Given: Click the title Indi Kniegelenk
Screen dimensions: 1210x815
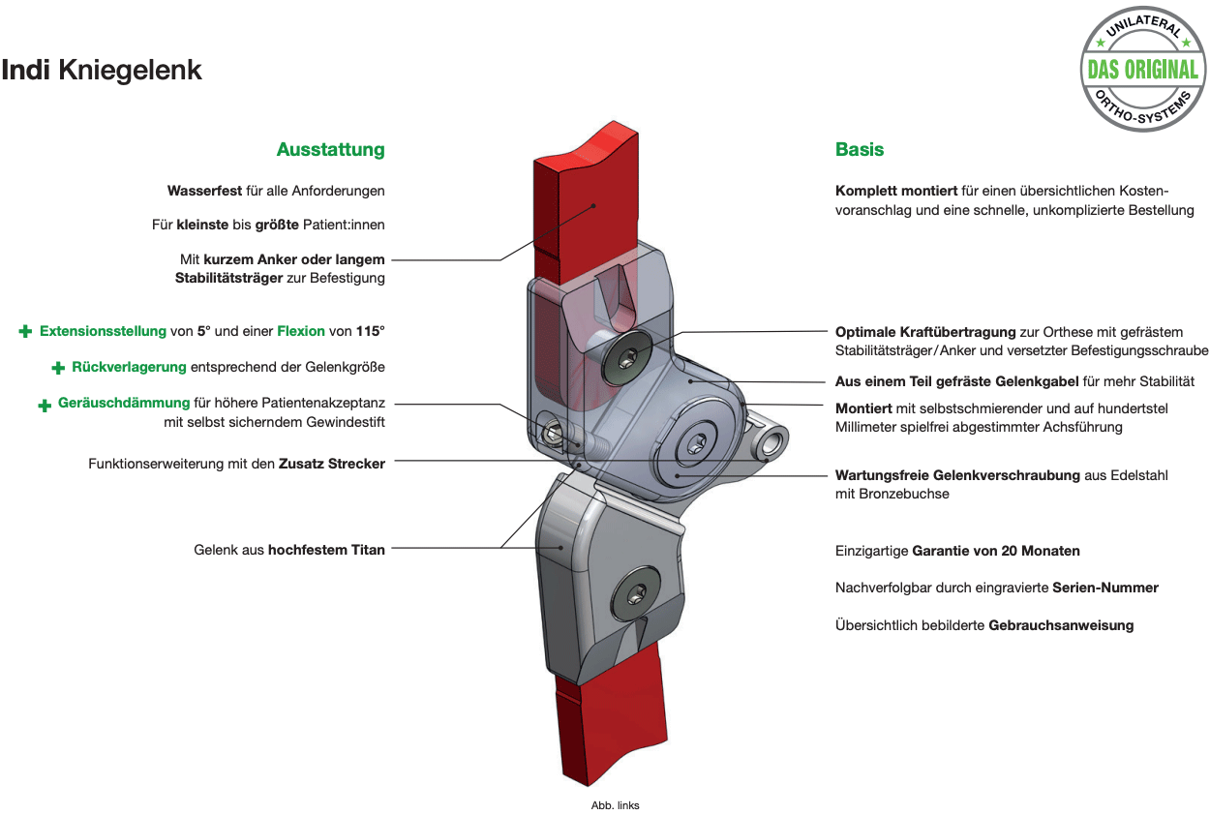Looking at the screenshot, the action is coord(102,71).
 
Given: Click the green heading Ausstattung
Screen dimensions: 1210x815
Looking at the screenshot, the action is coord(331,149).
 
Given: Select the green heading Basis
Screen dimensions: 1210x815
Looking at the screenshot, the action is coord(860,149).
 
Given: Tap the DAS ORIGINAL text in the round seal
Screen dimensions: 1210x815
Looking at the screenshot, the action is coord(1142,70).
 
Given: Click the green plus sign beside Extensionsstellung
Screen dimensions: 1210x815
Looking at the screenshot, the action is coord(25,331).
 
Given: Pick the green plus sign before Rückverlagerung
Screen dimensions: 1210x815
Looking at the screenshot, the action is coord(58,368).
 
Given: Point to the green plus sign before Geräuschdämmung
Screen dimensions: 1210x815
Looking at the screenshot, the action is coord(45,405).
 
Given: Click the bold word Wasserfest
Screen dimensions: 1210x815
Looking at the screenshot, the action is coord(204,191).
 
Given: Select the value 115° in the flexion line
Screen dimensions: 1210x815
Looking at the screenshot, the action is coord(371,330).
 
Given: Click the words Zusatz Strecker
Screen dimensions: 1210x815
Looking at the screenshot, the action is coord(332,464).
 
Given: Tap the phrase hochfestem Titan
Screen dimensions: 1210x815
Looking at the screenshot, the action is coord(326,550).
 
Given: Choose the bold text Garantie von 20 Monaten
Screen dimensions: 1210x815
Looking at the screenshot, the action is coord(995,551).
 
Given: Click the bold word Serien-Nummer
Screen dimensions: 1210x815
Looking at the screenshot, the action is coord(1105,588).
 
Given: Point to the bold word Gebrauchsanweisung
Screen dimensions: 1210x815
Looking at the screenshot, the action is coord(1061,625).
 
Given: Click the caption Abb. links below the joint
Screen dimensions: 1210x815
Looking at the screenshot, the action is coord(615,805).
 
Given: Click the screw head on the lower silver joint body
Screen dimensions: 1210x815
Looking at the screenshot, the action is coord(635,592).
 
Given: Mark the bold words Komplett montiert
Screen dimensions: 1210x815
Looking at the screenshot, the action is coord(896,191).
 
